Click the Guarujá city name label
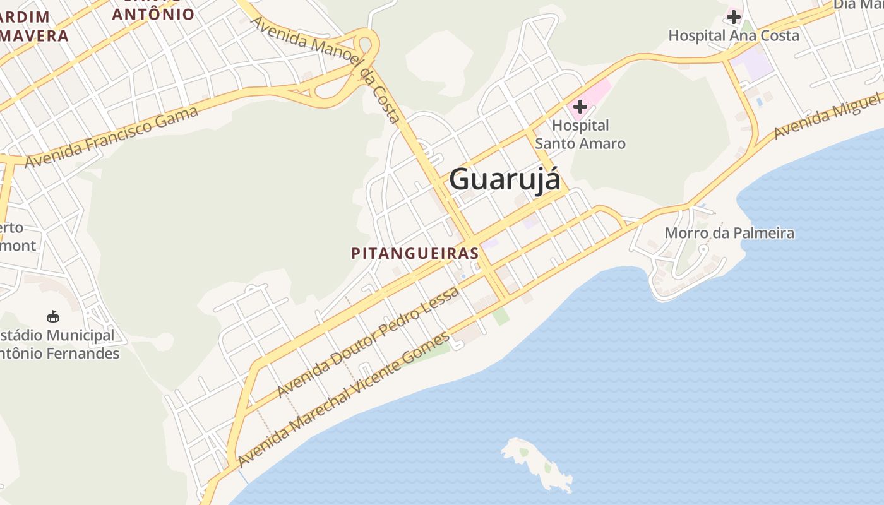coord(505,179)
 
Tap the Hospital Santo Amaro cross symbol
coord(580,107)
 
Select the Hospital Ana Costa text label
coord(734,35)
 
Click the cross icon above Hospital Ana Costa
coord(733,16)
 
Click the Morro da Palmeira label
coord(729,233)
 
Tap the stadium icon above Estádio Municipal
coord(53,316)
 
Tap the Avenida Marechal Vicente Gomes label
coord(344,399)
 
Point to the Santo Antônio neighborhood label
coord(153,13)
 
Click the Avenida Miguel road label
coord(827,117)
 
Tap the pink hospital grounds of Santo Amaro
coord(597,92)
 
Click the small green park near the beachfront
coord(501,316)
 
